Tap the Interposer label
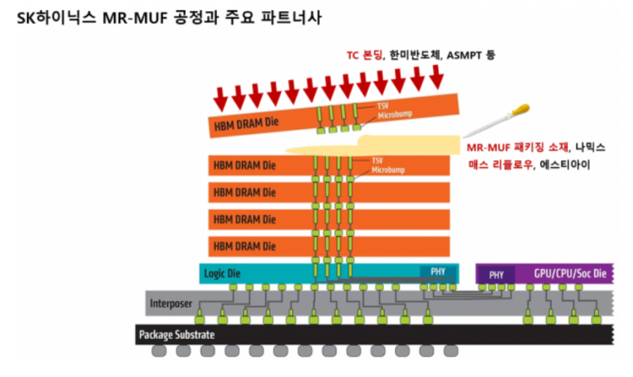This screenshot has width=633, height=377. pos(171,303)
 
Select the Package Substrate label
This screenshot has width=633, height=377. pos(176,334)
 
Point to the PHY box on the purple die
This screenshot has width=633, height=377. pos(497,274)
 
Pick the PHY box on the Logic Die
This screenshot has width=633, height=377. pos(438,272)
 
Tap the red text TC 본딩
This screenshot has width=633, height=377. pos(364,55)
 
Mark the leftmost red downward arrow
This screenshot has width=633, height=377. pos(221,98)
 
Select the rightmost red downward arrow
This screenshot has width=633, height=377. pos(436,77)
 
